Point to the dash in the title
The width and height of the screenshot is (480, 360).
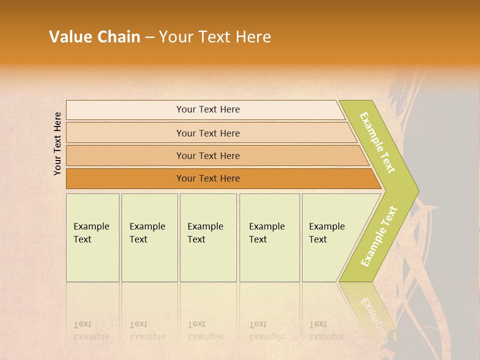click(149, 37)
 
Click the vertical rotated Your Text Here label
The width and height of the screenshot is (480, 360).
click(57, 143)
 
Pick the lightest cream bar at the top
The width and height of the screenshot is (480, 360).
click(208, 109)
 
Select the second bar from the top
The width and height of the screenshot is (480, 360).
click(208, 133)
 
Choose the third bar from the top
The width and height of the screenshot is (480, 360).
click(208, 155)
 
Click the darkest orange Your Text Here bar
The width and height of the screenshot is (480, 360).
click(208, 178)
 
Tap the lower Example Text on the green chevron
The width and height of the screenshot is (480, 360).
click(379, 236)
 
